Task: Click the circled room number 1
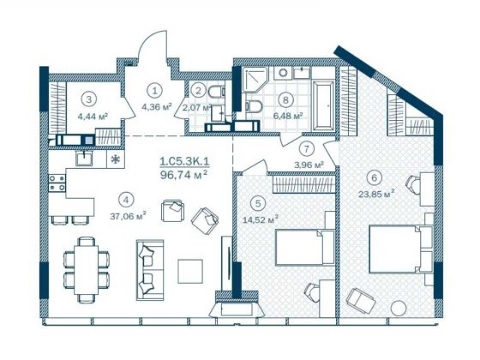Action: [155, 89]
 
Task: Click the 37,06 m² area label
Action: [129, 217]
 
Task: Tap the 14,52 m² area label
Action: [261, 219]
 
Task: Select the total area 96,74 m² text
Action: [185, 174]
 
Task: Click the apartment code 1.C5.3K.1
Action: [183, 159]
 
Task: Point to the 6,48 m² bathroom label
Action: [287, 116]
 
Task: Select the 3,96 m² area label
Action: [308, 164]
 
